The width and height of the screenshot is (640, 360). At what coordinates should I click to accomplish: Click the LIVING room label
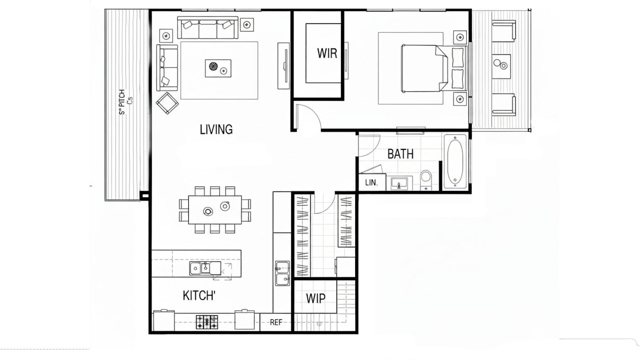coord(216,130)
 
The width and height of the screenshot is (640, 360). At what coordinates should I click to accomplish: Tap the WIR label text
coord(327,53)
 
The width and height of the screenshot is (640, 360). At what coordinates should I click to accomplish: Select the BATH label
coord(400,154)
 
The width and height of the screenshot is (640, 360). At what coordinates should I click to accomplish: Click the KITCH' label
coord(199,296)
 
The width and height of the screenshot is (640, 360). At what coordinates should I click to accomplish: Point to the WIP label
coord(315,299)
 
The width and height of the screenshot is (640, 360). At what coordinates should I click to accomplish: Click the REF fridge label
coord(276,323)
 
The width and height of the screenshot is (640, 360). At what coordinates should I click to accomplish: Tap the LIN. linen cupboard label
coord(371,183)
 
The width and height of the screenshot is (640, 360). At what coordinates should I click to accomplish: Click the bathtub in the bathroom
coord(455,161)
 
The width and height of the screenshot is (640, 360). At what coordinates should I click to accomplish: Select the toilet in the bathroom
coord(426,179)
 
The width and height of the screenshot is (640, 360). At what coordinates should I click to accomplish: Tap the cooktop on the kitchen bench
coord(207,322)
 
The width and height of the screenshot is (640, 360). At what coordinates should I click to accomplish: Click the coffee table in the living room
coord(218,68)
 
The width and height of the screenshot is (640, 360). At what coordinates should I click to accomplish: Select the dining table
coord(215,210)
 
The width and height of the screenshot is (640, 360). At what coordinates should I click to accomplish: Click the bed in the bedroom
coord(423,68)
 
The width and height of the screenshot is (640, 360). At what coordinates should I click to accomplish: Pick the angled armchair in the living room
coord(167,103)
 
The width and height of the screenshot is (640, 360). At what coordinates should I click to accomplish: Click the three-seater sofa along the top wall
coord(208,28)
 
